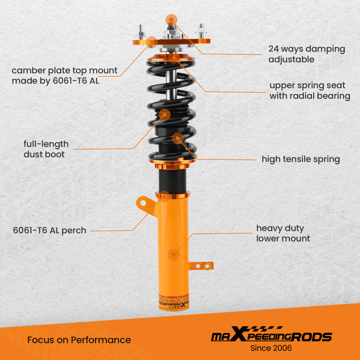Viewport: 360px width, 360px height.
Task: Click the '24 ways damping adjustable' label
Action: [x=306, y=54]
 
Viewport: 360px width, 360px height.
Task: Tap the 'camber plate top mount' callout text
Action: [x=64, y=75]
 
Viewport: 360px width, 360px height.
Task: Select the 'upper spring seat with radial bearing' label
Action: [x=310, y=91]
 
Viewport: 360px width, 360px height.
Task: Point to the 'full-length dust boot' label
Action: [x=46, y=149]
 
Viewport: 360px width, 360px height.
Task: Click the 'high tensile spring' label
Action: [x=301, y=159]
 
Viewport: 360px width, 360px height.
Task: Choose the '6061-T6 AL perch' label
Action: [x=50, y=230]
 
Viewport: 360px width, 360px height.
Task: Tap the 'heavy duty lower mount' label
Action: [x=283, y=233]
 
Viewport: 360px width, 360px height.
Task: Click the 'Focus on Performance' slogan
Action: [x=79, y=340]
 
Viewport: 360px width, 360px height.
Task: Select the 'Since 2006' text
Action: [x=271, y=348]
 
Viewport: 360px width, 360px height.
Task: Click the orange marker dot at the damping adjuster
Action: [x=171, y=19]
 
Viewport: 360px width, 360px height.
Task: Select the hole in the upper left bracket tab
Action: [x=143, y=203]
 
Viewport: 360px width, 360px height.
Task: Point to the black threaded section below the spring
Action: [x=172, y=181]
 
